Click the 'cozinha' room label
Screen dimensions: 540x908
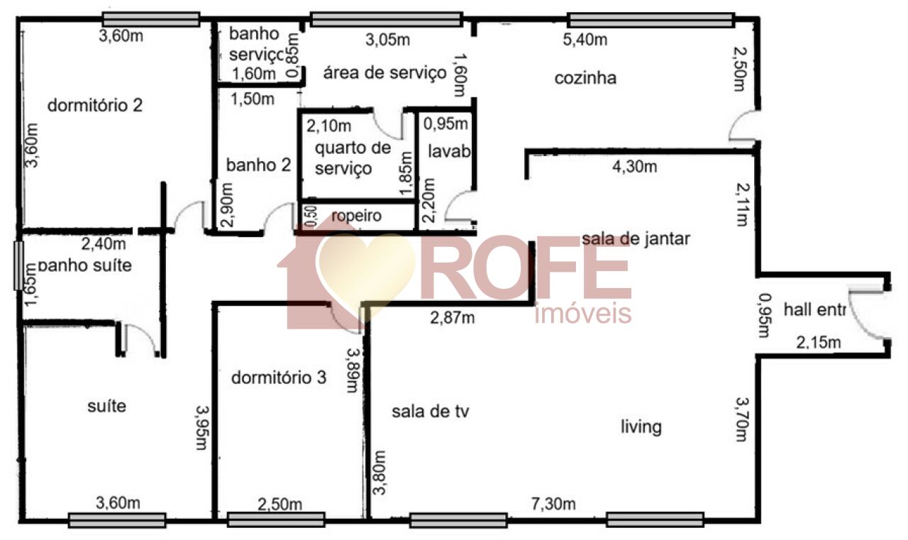pyautogui.click(x=585, y=78)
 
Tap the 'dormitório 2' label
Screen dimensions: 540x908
pyautogui.click(x=95, y=106)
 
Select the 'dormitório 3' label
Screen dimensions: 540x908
pyautogui.click(x=279, y=378)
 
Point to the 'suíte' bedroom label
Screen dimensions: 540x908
pyautogui.click(x=107, y=407)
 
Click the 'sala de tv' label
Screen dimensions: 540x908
pyautogui.click(x=432, y=411)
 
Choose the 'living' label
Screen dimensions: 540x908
pyautogui.click(x=641, y=426)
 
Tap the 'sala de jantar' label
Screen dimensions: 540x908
pyautogui.click(x=636, y=239)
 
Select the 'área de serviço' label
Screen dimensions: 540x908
pyautogui.click(x=385, y=72)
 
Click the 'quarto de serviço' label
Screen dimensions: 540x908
pyautogui.click(x=353, y=158)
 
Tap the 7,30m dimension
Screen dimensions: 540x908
pyautogui.click(x=553, y=505)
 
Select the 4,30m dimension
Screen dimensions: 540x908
pyautogui.click(x=634, y=167)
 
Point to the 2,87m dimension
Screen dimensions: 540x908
pyautogui.click(x=453, y=317)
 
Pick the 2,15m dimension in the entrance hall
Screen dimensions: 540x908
pyautogui.click(x=818, y=343)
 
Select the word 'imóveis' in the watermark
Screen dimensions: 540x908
pyautogui.click(x=582, y=313)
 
